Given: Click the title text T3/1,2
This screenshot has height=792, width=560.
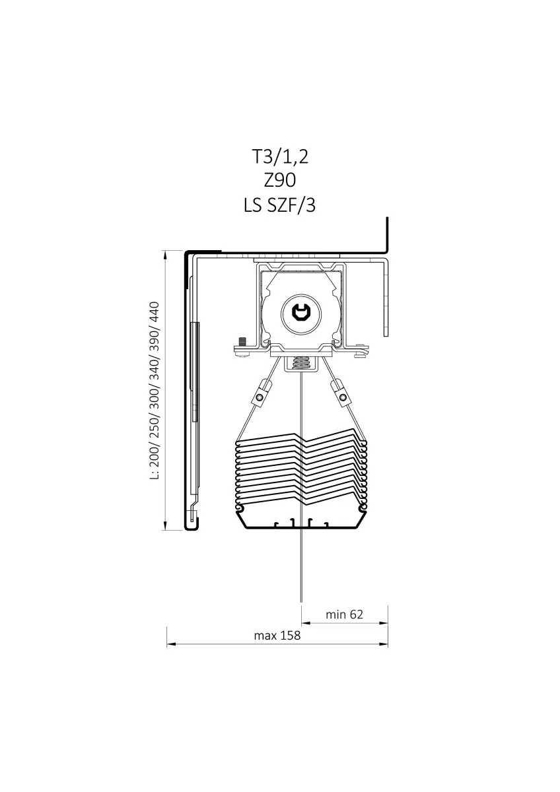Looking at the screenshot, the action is pos(279,157).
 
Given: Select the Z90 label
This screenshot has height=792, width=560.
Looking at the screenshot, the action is pos(279,181).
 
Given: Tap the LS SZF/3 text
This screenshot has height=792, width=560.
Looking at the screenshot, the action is pos(279,206).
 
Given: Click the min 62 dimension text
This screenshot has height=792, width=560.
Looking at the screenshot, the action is pos(344,614).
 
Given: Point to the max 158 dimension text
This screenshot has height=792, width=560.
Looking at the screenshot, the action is pos(277,636).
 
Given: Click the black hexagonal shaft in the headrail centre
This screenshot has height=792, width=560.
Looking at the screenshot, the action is pos(300,312).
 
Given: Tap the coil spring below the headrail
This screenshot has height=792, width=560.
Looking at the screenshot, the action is pos(300,363).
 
